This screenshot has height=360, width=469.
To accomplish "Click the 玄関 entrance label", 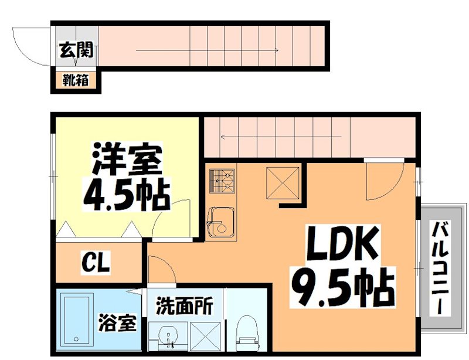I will pyautogui.click(x=76, y=50).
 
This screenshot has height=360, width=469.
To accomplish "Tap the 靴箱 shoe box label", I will pyautogui.click(x=76, y=80).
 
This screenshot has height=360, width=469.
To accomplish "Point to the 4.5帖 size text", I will pyautogui.click(x=125, y=195).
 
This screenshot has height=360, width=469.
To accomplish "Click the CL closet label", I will pyautogui.click(x=96, y=263).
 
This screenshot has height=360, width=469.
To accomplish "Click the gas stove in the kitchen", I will pyautogui.click(x=222, y=181).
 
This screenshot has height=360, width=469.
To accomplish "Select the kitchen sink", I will pyautogui.click(x=222, y=222).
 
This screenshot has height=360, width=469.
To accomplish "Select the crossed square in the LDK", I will pyautogui.click(x=284, y=182).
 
